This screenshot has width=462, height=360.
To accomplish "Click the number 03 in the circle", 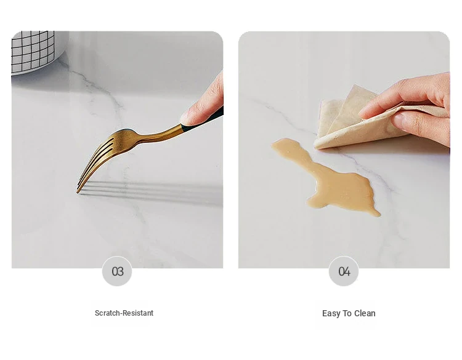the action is (118, 271).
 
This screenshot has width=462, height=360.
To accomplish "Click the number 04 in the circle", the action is (344, 271).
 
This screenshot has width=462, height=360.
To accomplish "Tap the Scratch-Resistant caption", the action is (124, 313).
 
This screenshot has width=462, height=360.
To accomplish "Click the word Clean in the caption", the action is (365, 313).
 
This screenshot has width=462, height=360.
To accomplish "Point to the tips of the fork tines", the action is (79, 188).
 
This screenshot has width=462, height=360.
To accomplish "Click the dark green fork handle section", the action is (203, 119).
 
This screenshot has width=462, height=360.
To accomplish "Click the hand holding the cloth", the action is (418, 109).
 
